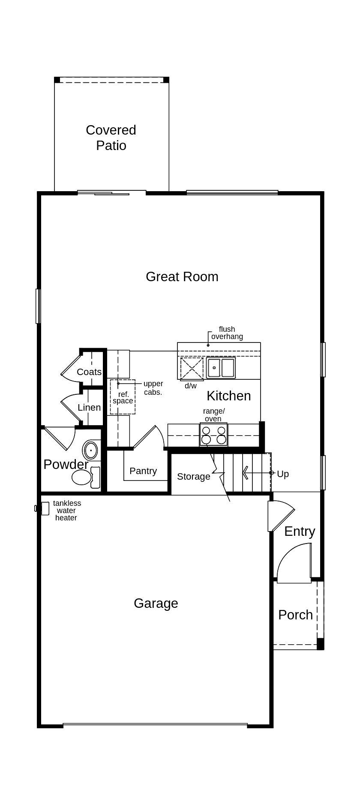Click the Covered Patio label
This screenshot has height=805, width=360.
coord(111,138)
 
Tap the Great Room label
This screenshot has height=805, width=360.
coord(182,276)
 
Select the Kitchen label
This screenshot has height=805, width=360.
coord(228,396)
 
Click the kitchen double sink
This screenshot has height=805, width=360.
coord(221,368)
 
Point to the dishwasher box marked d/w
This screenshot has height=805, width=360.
coord(192,369)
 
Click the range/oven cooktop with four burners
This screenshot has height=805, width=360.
coord(213,435)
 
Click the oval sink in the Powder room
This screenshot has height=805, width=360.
coord(90,451)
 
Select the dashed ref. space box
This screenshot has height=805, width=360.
coord(123,397)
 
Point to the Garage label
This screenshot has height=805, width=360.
coord(156,603)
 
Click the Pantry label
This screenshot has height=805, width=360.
coord(143,471)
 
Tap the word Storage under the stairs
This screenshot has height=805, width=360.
coord(193,476)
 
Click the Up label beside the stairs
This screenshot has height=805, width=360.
coord(282,474)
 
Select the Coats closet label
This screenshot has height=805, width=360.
coord(89,372)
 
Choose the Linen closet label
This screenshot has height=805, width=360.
coord(89,407)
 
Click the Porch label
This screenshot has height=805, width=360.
coord(295,615)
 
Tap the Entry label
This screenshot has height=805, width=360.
coord(300,531)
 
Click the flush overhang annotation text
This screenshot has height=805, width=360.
coord(227,333)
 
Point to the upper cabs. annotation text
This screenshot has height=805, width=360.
coord(153,387)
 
